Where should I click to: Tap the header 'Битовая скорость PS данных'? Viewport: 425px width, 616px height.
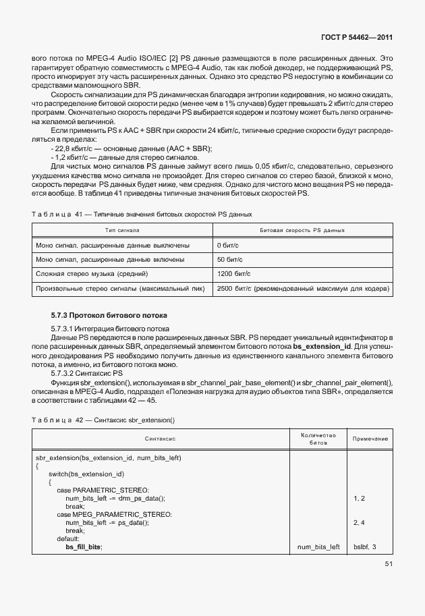302,231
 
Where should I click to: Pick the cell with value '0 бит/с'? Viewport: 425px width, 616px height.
228,245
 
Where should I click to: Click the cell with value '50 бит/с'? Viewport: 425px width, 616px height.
230,260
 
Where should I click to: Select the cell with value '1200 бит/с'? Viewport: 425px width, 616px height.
233,275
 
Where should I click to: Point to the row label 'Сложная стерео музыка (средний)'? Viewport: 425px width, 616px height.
92,275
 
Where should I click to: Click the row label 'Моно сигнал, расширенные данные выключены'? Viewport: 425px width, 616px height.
112,245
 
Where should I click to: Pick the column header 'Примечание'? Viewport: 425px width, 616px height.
370,439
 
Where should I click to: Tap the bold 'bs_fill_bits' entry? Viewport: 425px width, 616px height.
84,547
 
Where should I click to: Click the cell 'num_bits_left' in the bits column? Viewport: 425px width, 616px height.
318,547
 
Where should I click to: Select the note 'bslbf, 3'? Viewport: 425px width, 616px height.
364,547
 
